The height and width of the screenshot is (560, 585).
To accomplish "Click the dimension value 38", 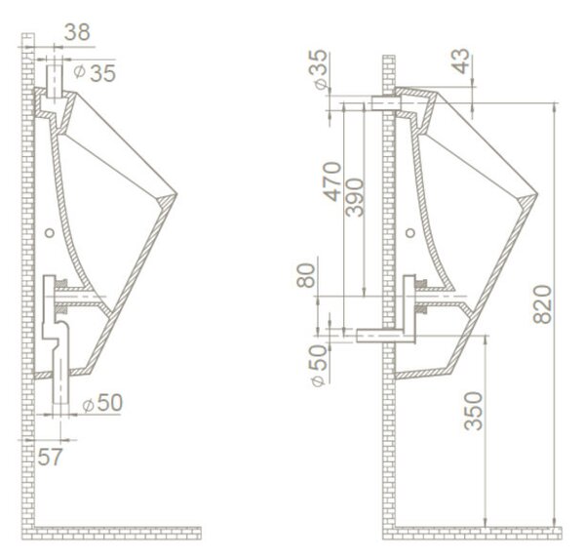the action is tap(77, 32).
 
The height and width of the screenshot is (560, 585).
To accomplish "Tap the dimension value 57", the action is tap(50, 457).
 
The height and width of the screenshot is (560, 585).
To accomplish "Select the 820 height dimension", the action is tap(542, 303).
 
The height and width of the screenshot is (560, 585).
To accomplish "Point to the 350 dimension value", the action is tap(474, 411).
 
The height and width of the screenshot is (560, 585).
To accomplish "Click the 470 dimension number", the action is tap(332, 181).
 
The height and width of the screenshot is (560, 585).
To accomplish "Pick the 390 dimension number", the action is tap(354, 197).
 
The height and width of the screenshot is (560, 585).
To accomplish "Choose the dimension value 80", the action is tap(306, 275).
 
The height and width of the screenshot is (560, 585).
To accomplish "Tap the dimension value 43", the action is tap(461, 61).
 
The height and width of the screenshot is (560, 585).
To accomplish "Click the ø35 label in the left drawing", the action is tap(95, 73).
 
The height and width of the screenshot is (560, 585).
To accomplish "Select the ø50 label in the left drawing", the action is tap(102, 403).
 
